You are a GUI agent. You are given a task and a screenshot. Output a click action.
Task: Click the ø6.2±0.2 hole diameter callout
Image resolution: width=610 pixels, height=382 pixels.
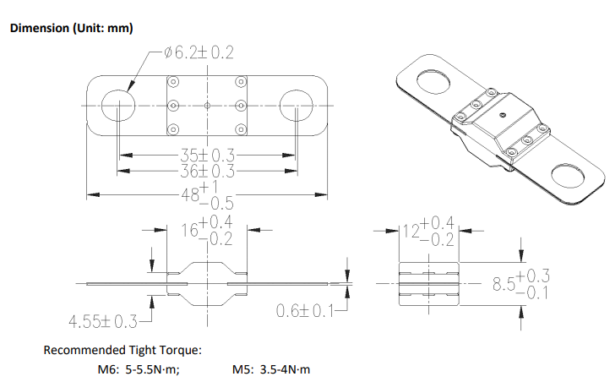(x=199, y=52)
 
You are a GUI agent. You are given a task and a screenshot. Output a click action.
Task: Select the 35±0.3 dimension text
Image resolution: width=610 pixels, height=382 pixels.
(x=207, y=156)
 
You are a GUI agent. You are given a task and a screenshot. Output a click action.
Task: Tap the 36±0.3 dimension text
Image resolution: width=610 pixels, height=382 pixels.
(x=207, y=171)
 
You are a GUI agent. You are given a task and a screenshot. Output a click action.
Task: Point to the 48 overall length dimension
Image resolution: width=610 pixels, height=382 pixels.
(x=191, y=194)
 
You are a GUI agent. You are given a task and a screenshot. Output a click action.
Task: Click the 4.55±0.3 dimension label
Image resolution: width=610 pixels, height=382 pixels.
(x=103, y=322)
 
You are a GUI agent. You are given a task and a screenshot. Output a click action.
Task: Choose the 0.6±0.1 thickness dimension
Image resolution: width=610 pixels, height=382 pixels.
(x=305, y=311)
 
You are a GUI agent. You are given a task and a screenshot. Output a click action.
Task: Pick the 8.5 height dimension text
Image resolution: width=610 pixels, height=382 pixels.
(x=504, y=284)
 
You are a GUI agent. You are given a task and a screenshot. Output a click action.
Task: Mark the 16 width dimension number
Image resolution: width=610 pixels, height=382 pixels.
(x=190, y=230)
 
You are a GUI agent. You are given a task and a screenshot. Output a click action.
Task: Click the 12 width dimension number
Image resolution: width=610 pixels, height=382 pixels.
(x=411, y=231)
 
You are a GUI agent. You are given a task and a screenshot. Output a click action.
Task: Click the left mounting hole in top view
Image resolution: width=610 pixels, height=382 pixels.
(x=118, y=106)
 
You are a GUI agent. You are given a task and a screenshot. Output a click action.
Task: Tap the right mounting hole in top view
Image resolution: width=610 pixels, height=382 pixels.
(x=297, y=106)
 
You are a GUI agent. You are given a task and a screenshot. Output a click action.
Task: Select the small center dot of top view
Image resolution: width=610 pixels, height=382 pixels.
(x=207, y=106)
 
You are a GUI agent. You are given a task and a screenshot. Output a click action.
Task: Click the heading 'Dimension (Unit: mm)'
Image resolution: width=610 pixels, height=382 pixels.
(x=72, y=28)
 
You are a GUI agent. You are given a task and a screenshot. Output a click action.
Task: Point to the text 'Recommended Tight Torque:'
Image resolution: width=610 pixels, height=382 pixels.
(x=123, y=350)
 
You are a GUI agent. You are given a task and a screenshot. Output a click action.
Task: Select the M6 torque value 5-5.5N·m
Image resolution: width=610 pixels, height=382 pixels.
(x=152, y=369)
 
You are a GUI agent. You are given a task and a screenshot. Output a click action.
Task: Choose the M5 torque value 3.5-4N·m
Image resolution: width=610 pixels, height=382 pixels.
(x=286, y=369)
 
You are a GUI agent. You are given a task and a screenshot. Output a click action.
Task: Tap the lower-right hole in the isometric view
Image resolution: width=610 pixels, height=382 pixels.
(x=568, y=177)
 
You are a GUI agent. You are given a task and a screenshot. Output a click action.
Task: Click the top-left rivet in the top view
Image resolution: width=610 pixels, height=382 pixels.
(x=173, y=82)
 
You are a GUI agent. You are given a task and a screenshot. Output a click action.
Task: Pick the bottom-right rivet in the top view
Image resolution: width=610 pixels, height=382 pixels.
(x=241, y=129)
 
